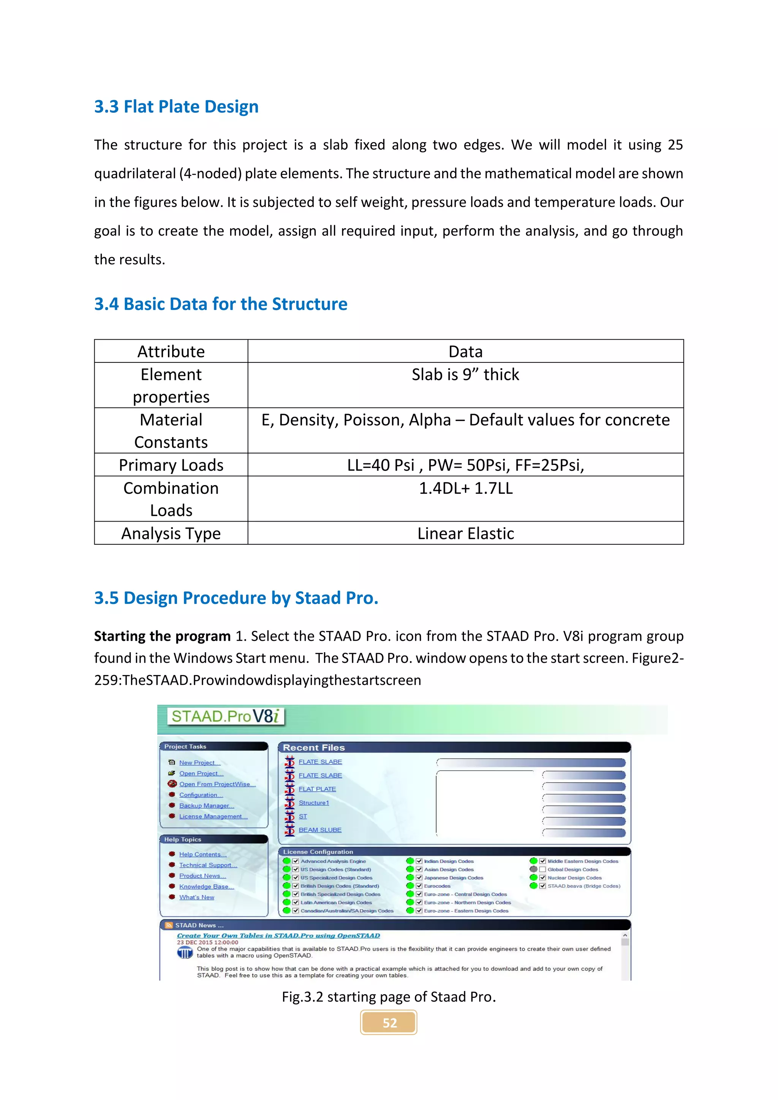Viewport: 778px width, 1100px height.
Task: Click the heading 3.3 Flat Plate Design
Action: pos(176,107)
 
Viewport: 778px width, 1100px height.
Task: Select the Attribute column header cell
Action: pos(171,352)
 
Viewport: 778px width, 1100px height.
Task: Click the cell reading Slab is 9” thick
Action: pos(465,375)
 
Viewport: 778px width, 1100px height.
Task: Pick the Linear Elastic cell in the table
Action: pos(465,534)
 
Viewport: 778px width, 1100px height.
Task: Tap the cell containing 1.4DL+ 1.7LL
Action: pos(465,488)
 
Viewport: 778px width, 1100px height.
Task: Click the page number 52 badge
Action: pos(389,1023)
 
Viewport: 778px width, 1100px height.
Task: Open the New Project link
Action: pos(199,763)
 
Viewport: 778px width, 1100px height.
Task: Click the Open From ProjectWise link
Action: pos(217,784)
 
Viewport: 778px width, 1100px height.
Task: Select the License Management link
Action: pos(213,816)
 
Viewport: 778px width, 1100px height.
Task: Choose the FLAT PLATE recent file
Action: pos(317,789)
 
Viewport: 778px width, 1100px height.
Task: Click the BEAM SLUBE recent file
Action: pos(320,830)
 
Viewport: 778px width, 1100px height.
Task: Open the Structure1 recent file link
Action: pos(314,803)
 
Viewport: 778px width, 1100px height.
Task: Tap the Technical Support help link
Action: pos(207,865)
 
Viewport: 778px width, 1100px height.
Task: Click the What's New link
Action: pos(196,897)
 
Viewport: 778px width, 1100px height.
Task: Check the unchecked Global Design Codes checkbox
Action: pos(543,869)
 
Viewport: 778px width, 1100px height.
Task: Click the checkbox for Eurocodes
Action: pos(419,886)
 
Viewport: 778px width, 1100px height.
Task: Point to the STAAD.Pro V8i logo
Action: pos(225,717)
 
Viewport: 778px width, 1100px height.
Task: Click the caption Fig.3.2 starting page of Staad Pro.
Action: pos(389,997)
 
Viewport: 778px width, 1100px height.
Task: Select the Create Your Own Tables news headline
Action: pos(278,936)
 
